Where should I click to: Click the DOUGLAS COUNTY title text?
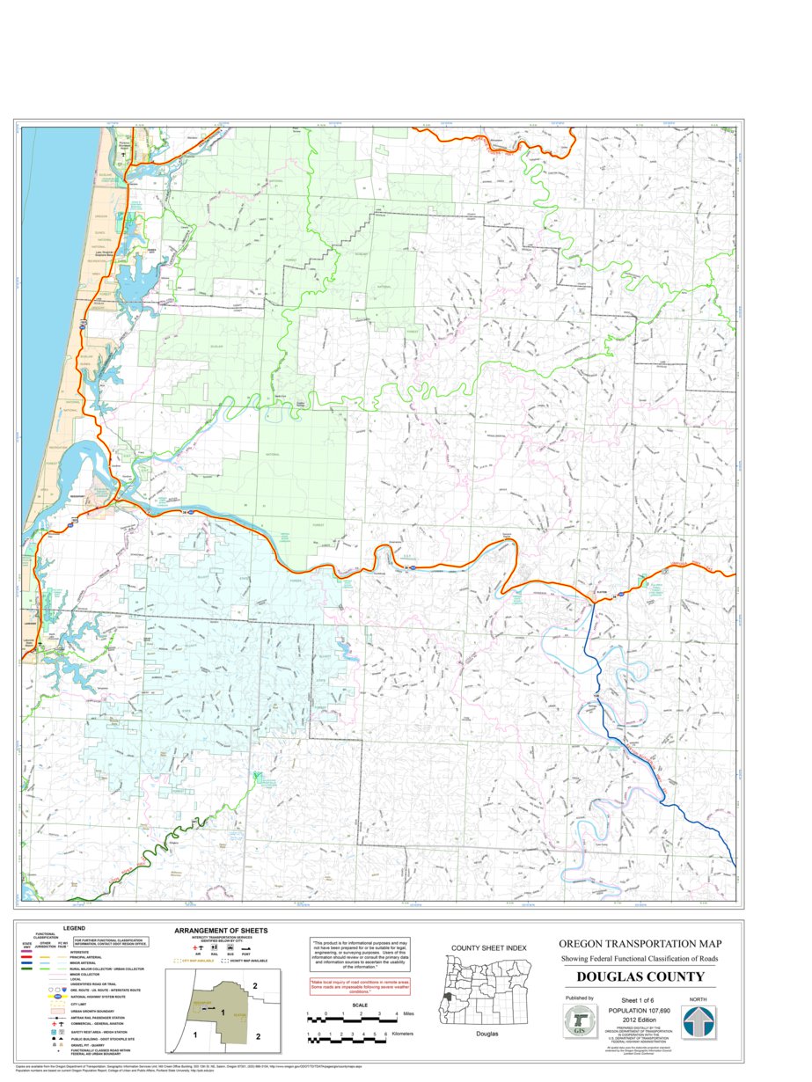[x=640, y=977]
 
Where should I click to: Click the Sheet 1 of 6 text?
[x=639, y=1001]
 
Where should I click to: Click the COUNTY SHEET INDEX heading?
[x=488, y=947]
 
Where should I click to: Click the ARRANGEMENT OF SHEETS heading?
[x=221, y=931]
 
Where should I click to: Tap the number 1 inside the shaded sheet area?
[x=223, y=1013]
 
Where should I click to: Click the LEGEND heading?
[x=74, y=928]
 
